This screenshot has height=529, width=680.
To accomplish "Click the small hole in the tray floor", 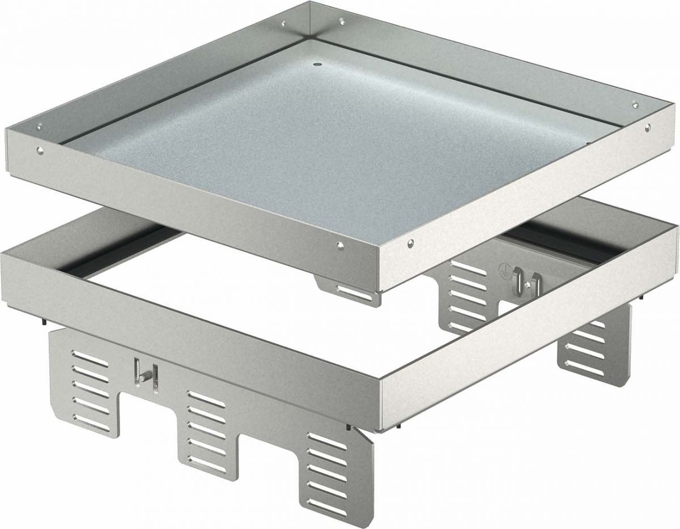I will click(x=316, y=66).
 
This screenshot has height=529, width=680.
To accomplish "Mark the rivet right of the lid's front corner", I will click(x=410, y=244).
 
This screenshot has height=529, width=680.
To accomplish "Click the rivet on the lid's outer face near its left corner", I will click(x=41, y=149).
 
